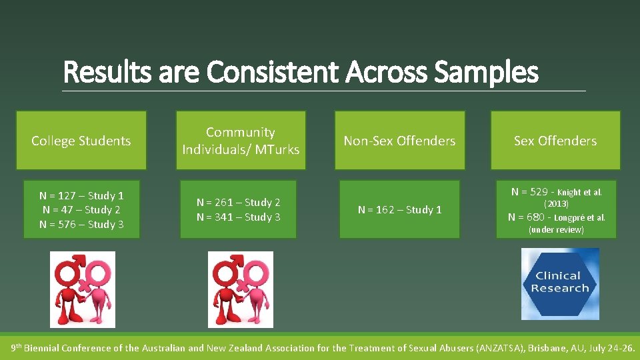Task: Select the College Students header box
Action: tap(81, 141)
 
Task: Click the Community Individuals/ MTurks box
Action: tap(241, 141)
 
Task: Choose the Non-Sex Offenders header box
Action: tap(399, 141)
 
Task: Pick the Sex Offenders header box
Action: tap(555, 141)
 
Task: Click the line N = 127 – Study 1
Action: tap(81, 195)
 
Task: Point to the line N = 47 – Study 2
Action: tap(81, 210)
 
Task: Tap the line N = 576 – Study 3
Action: tap(81, 224)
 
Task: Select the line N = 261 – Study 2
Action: tap(239, 202)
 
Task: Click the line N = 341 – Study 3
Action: tap(239, 217)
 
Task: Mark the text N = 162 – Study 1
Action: tap(399, 210)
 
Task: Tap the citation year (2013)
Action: tap(556, 204)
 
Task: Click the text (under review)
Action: tap(556, 229)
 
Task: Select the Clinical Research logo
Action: tap(560, 283)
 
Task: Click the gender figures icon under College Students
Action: tap(83, 289)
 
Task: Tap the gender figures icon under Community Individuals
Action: tap(241, 289)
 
